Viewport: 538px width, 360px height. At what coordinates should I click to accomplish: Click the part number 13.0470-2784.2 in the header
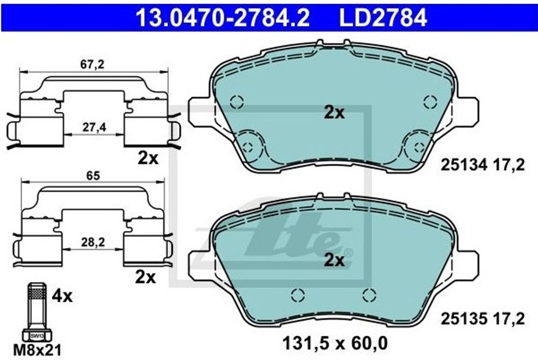223,17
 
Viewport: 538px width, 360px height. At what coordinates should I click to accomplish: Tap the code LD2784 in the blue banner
383,17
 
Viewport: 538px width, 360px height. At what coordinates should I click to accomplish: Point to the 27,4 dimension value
94,127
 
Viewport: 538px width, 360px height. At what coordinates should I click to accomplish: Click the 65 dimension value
93,176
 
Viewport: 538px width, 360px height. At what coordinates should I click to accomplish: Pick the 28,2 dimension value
93,242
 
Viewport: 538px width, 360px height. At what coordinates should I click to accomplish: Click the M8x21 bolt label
37,350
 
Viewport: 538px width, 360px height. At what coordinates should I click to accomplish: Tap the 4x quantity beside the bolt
62,296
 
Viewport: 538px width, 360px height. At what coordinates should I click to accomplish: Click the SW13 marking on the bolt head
37,336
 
